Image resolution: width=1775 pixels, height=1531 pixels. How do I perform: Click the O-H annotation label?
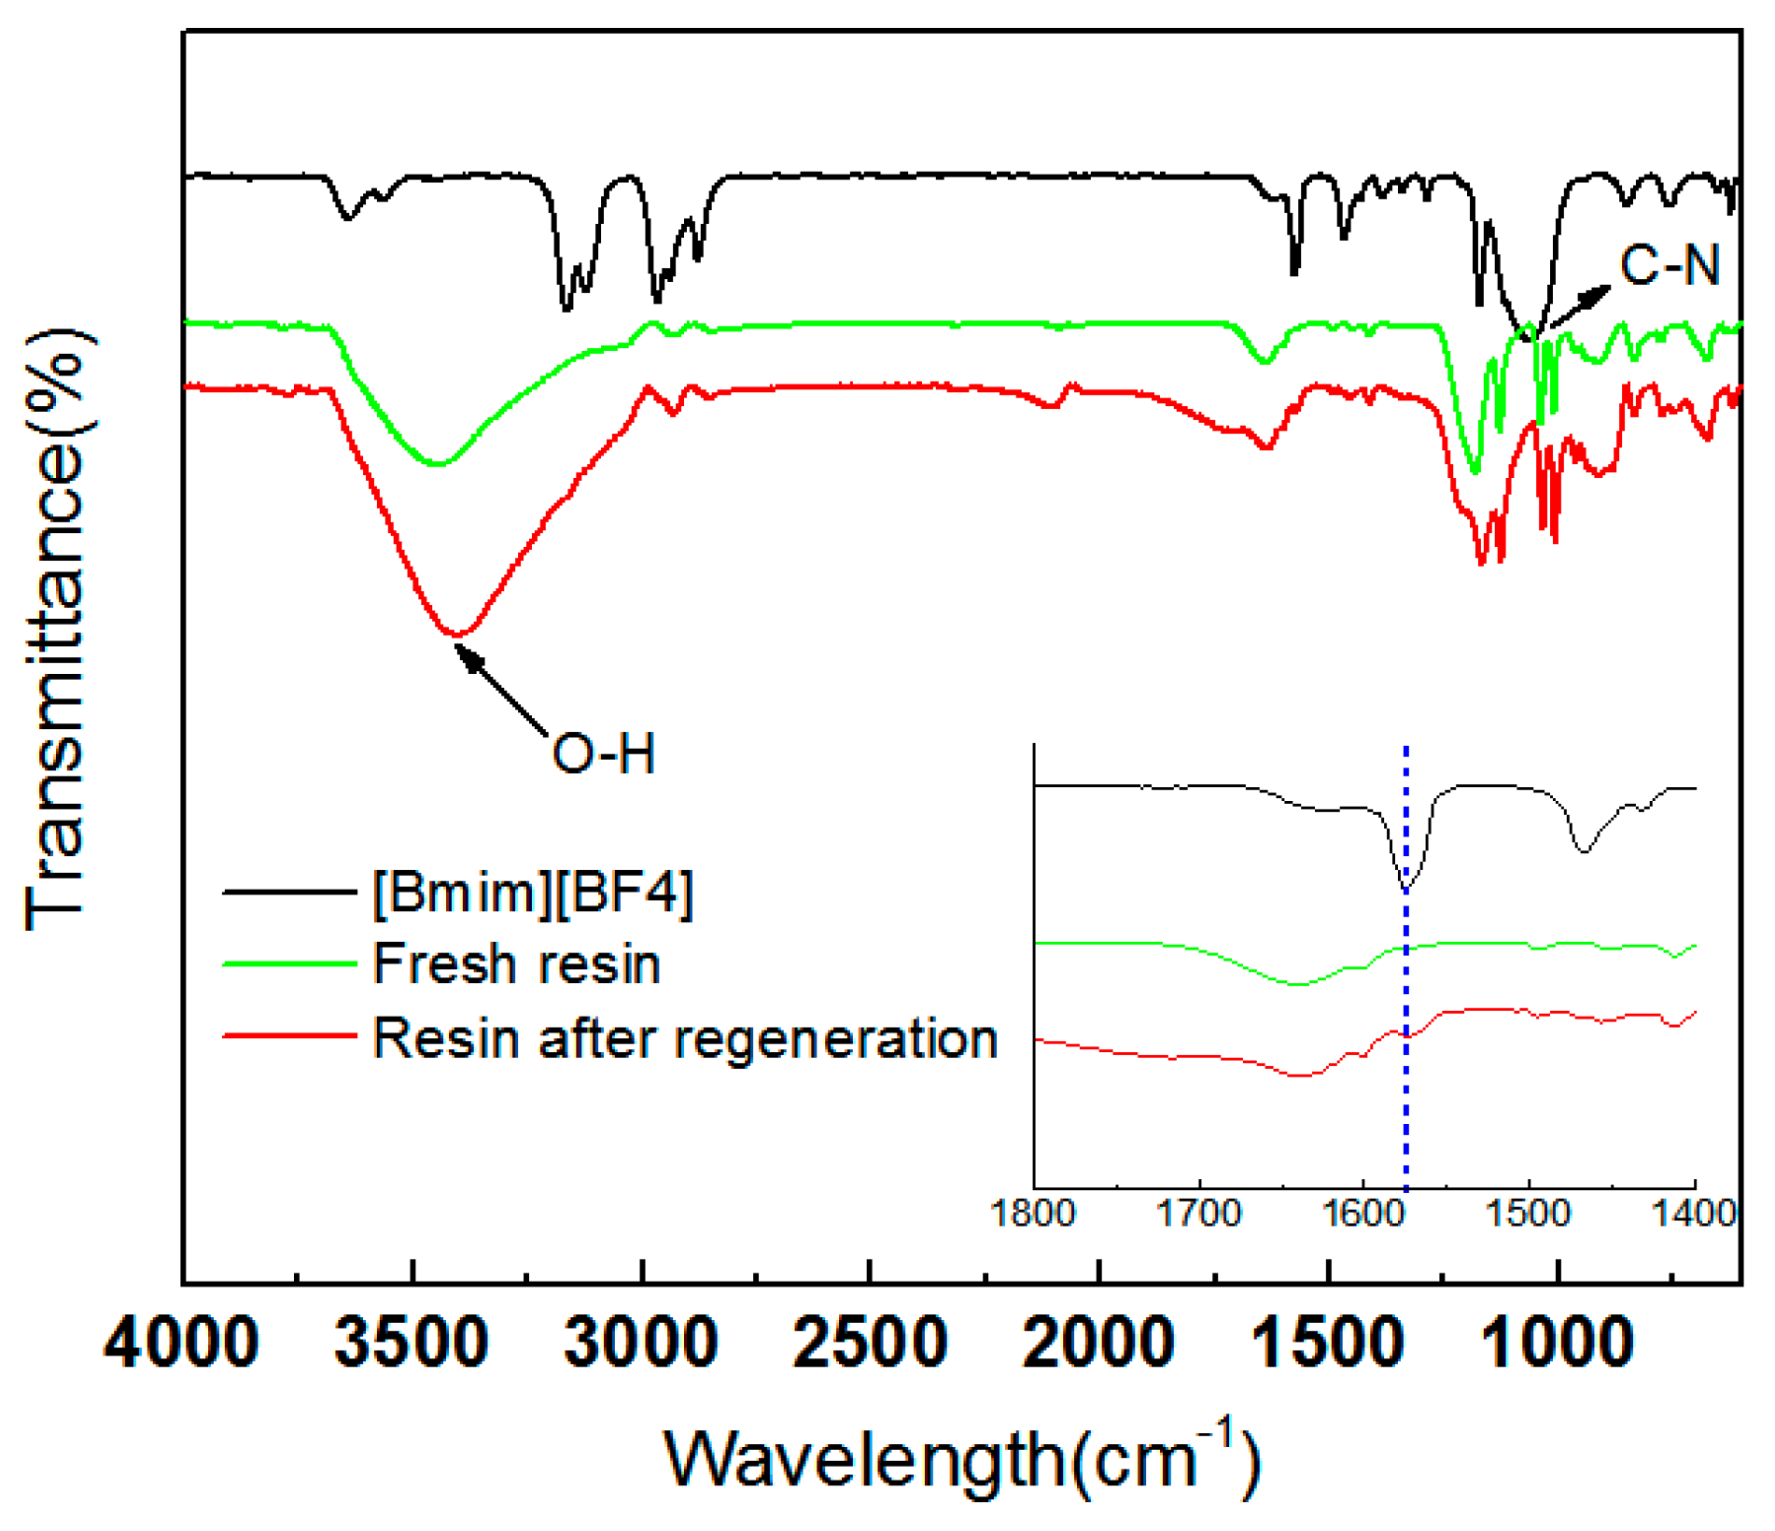click(603, 753)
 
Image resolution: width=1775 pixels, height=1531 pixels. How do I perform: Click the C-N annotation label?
click(1670, 265)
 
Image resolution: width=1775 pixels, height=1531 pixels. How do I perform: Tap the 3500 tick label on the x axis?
click(412, 1343)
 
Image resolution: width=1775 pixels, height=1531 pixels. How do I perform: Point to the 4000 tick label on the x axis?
click(181, 1343)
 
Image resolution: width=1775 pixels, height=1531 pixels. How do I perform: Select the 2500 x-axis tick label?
click(870, 1343)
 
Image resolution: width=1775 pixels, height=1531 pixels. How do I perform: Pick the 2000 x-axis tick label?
click(1098, 1343)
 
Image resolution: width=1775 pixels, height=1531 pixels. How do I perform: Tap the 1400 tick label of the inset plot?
click(1694, 1215)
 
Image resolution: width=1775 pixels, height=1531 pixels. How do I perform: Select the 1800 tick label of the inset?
click(1033, 1215)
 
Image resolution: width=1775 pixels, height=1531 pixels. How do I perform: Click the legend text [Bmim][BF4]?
click(533, 893)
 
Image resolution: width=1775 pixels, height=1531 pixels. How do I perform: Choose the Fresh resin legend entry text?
click(516, 963)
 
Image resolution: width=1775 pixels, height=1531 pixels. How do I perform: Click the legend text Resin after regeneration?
click(685, 1038)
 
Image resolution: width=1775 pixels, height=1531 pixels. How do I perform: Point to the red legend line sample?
click(289, 1035)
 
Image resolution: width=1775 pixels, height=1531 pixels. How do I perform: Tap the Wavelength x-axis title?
click(961, 1461)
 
